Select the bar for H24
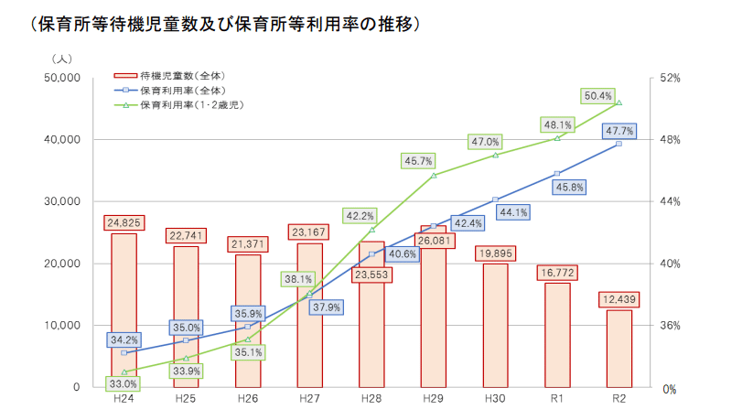124,311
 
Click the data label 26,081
433,241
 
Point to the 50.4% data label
597,95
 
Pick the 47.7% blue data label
619,131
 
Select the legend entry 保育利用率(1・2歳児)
191,105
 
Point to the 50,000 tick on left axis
61,79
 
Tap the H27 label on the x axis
309,400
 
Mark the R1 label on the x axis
556,400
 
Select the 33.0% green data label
124,384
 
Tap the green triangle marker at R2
619,102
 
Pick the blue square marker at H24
124,352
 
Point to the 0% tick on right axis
669,389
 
